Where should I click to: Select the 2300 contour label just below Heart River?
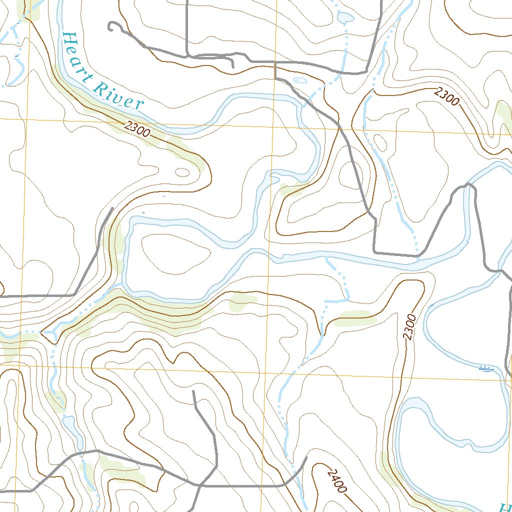(x=136, y=130)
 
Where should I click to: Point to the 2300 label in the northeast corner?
(x=446, y=96)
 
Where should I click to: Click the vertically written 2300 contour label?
(x=410, y=327)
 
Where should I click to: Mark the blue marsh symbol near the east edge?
(x=485, y=369)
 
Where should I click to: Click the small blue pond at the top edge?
(x=345, y=18)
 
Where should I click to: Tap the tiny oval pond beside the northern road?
(x=300, y=80)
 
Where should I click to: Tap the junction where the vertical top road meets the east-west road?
(x=187, y=55)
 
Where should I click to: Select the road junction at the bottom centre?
(x=200, y=485)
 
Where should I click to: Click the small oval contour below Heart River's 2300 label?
(x=182, y=172)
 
